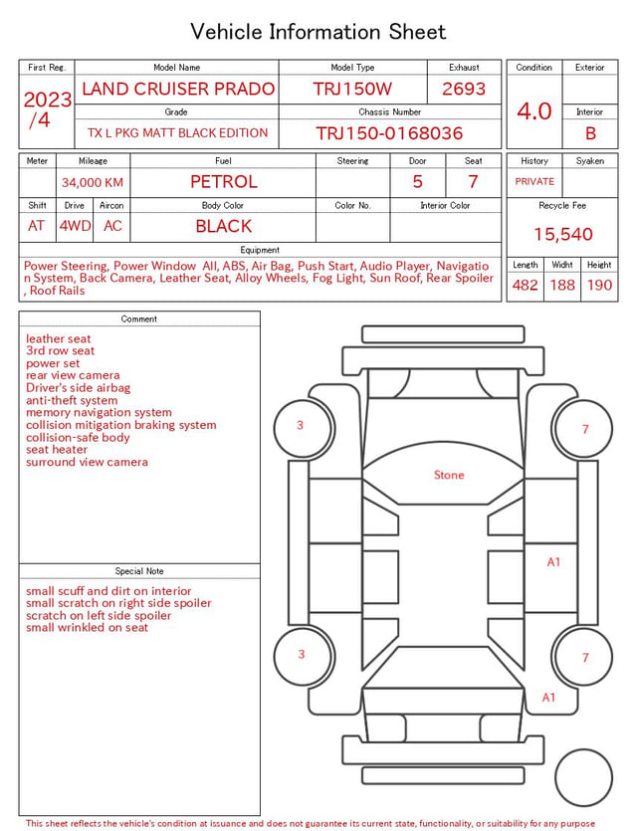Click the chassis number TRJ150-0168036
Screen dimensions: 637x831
tap(389, 133)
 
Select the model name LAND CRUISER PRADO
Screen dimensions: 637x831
tap(178, 89)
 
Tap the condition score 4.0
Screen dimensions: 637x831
tap(534, 111)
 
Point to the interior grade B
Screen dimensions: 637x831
tap(590, 133)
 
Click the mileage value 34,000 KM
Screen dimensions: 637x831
tap(93, 183)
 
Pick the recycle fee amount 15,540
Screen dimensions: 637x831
tap(562, 234)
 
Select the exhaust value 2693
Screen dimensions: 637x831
tap(464, 89)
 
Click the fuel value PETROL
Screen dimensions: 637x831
tap(224, 182)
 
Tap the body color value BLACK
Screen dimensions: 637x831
tap(224, 226)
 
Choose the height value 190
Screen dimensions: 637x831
tap(599, 285)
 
